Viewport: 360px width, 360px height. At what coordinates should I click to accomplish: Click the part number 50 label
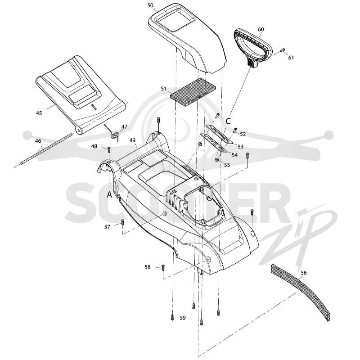point(150,5)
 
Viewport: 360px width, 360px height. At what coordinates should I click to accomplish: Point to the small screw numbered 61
point(283,49)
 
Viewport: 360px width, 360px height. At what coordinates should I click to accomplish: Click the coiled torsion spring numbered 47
point(114,133)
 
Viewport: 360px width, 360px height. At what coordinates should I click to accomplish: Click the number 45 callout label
point(39,113)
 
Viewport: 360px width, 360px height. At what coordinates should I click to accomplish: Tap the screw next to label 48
point(109,149)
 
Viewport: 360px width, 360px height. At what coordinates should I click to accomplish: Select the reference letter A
point(109,195)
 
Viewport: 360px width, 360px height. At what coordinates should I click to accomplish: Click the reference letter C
point(228,121)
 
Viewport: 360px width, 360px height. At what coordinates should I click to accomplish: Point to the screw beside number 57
point(122,222)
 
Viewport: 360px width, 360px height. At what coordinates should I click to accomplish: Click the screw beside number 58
point(163,267)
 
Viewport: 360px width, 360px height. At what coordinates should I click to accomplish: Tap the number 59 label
point(183,318)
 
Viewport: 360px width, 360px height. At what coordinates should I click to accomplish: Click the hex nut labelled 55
point(216,160)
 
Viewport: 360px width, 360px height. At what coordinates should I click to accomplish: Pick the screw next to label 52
point(235,130)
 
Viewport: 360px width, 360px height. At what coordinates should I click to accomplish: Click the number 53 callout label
point(240,147)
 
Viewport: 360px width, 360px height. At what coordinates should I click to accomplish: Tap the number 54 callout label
point(234,155)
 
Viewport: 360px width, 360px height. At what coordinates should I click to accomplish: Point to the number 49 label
point(132,140)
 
